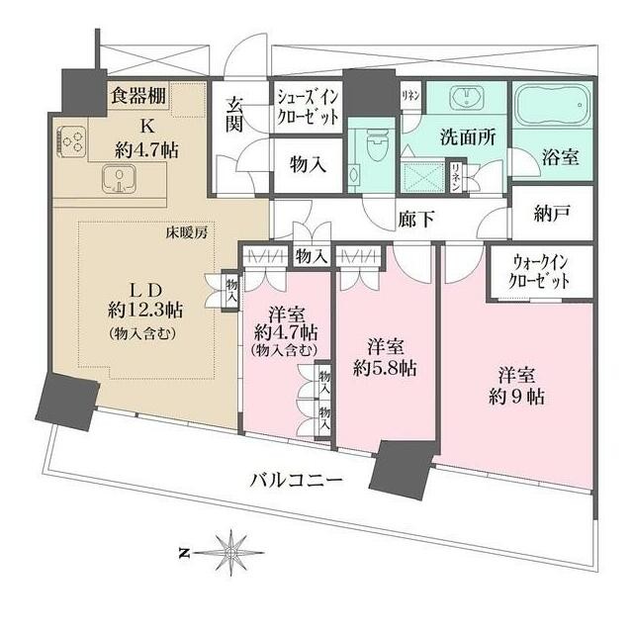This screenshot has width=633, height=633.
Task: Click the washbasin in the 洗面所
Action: (x=465, y=99)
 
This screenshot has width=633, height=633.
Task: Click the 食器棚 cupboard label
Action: (x=137, y=96)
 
